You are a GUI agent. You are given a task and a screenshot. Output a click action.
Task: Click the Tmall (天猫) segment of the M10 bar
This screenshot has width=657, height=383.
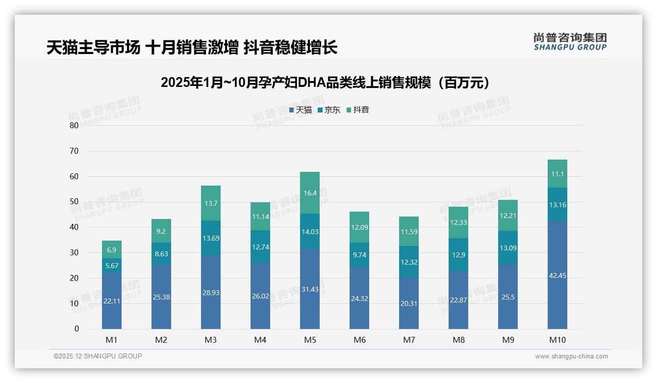click(557, 275)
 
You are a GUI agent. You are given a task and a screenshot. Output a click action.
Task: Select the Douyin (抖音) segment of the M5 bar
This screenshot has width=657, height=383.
click(310, 193)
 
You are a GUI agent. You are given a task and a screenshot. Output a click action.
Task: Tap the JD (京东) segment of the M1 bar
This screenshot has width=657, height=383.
click(112, 266)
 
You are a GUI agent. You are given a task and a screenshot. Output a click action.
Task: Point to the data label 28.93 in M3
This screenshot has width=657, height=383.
click(211, 292)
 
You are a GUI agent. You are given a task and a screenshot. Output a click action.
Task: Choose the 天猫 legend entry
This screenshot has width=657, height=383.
click(301, 110)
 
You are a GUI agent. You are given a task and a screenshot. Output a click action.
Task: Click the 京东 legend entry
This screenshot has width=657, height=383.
click(329, 110)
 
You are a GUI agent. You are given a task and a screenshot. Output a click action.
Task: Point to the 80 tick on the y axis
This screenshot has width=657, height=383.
click(74, 125)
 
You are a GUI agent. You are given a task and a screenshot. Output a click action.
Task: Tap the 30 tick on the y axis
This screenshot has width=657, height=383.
click(74, 252)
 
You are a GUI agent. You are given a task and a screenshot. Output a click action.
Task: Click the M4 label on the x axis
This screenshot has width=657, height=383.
click(260, 340)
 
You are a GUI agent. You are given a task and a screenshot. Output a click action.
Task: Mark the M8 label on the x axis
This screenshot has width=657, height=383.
click(458, 340)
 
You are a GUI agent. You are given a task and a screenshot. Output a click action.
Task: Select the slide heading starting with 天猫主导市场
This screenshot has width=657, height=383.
click(192, 48)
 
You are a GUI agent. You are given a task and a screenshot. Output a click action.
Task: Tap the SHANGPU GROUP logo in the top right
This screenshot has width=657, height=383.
click(570, 42)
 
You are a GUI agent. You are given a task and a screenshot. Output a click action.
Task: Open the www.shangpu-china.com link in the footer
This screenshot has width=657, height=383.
click(571, 356)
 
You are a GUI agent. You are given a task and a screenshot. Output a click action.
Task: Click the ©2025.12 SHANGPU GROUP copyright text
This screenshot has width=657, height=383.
click(98, 356)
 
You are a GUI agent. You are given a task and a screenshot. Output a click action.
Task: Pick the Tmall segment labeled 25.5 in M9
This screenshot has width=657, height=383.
click(508, 297)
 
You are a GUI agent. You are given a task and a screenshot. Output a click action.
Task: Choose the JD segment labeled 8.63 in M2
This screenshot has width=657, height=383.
click(161, 253)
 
